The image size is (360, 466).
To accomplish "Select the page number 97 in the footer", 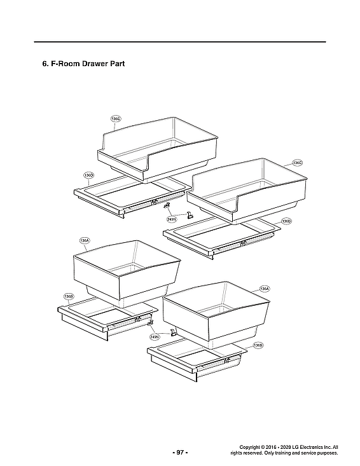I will pos(180,452).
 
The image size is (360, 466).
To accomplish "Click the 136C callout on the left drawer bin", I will pos(115,119).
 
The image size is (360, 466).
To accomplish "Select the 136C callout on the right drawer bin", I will pos(297,163).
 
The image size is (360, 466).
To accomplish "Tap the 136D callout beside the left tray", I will pos(89,175).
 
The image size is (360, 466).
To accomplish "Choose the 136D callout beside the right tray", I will pos(286,221).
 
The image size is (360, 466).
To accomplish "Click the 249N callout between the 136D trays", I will pos(171,219).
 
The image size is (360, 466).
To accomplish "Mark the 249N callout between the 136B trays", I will pos(154,336).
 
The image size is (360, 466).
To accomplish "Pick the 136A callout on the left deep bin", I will pos(84,241).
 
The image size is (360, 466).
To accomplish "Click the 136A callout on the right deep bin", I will pos(265,289).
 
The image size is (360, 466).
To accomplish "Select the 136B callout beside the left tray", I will pos(69,296).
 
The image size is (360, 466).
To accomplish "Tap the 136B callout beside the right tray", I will pos(258,345).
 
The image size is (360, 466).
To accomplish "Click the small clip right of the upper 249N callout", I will pos(189,215).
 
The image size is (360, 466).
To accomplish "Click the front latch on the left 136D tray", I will pos(154,202).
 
